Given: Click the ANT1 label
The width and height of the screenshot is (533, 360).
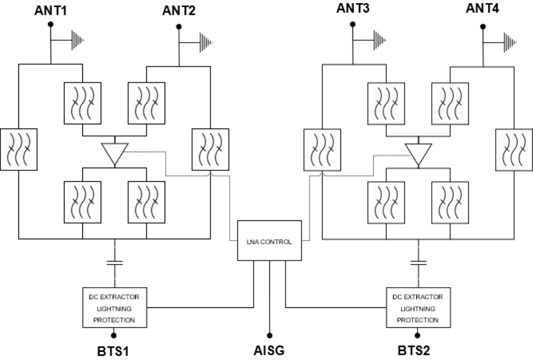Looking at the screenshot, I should tap(52, 10).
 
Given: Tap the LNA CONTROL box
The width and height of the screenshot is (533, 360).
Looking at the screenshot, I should tap(270, 241).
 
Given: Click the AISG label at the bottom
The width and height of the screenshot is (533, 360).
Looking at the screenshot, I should tap(269, 349).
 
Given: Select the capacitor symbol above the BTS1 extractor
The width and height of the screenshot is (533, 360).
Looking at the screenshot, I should tap(114, 261).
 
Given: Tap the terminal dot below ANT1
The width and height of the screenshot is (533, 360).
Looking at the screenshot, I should tap(51, 24).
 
